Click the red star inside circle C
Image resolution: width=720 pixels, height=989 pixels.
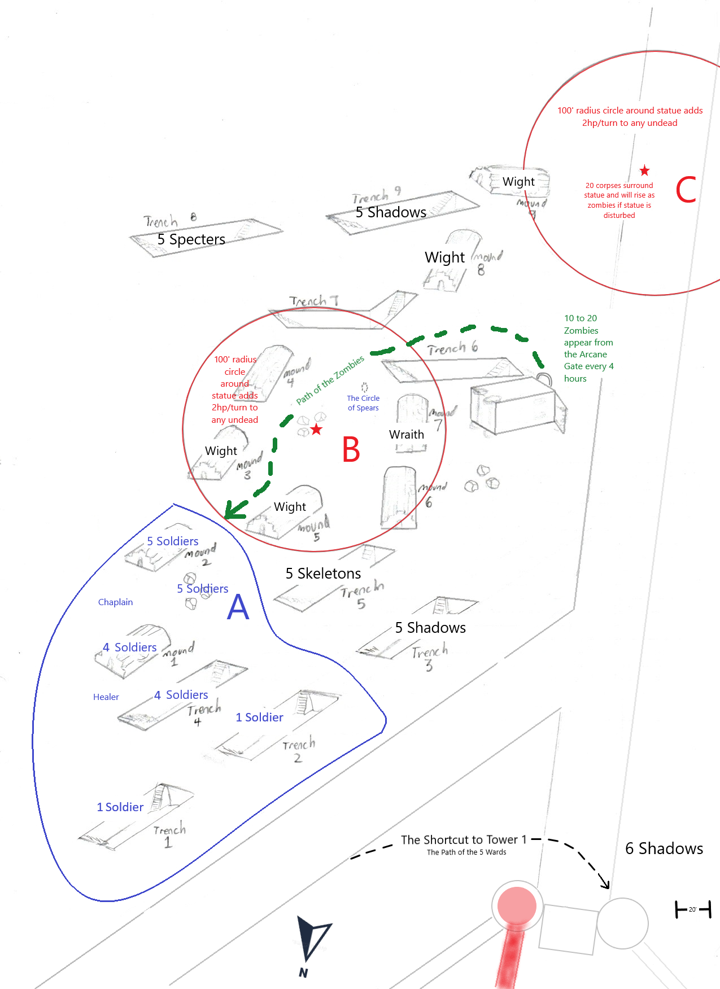point(644,170)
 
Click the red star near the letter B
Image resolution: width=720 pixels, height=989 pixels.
point(316,430)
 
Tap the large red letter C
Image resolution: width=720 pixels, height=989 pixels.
point(686,190)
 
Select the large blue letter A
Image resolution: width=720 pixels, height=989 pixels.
point(238,607)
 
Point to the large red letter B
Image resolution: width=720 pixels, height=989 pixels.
point(351,450)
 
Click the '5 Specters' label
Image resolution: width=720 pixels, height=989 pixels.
point(191,239)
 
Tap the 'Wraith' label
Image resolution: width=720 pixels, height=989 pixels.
point(406,435)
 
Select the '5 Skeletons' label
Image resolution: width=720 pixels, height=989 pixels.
point(323,574)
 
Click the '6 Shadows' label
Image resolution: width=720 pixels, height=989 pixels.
point(664,848)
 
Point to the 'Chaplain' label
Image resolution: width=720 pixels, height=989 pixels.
point(115,602)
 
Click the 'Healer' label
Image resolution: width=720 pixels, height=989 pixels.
point(106,697)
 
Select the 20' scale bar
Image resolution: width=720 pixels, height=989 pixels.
point(693,909)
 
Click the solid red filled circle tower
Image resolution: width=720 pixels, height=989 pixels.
point(516,905)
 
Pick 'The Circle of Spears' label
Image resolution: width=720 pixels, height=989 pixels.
point(363,403)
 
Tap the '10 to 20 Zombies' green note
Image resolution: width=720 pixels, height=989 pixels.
point(588,348)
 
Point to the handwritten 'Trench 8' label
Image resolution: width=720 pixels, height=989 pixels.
point(169,220)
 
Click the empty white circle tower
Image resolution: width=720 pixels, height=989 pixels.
point(622,924)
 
